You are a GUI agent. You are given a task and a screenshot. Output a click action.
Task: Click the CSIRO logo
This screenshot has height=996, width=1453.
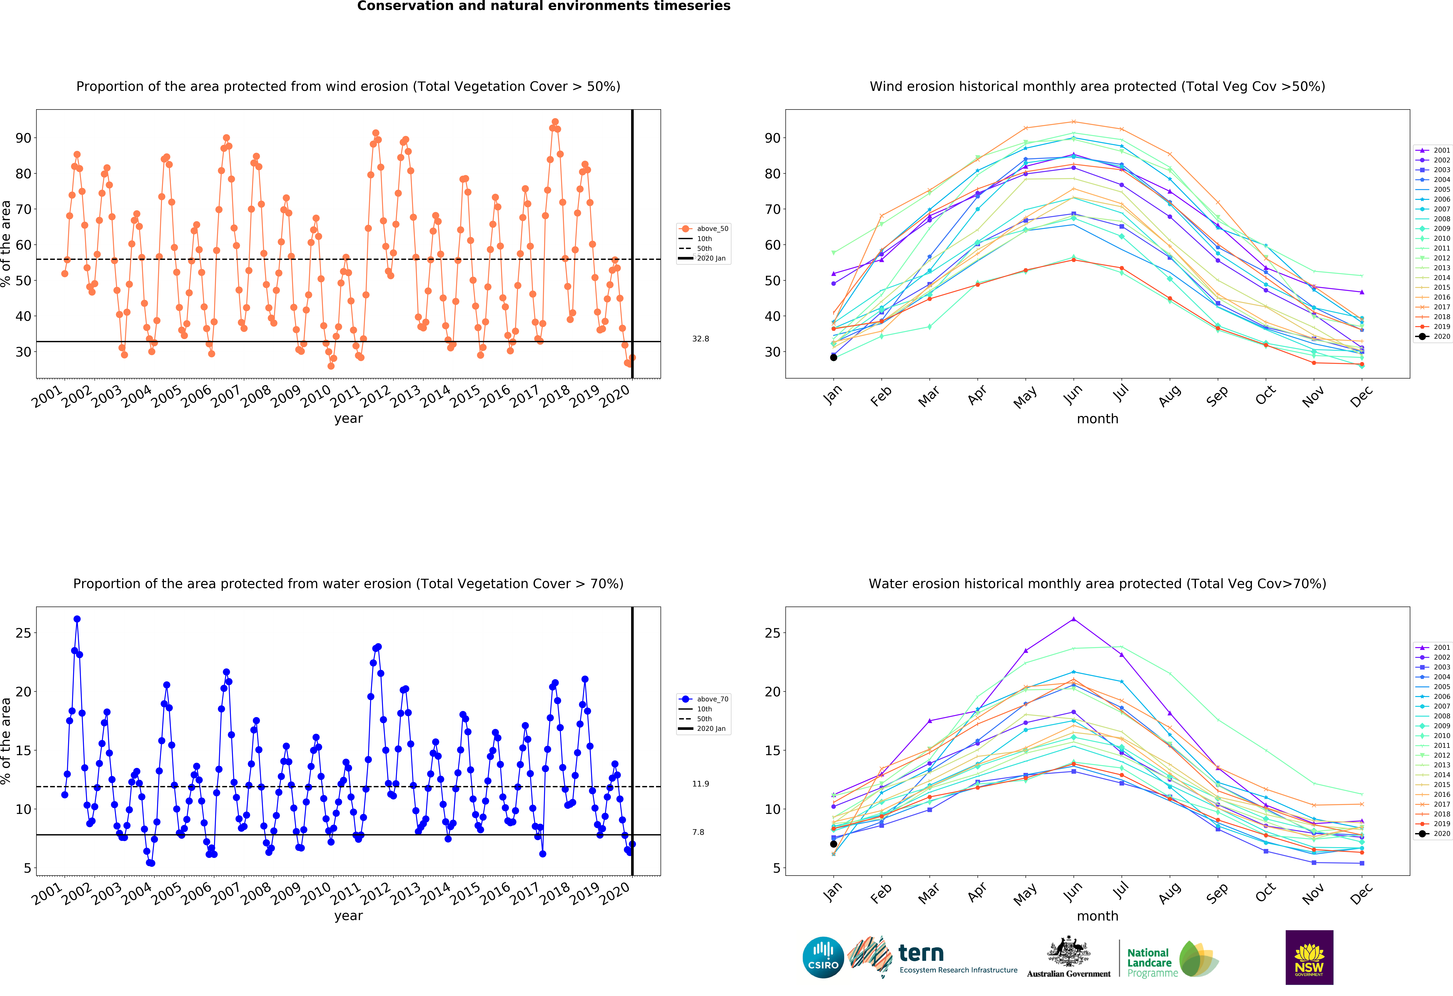coord(823,957)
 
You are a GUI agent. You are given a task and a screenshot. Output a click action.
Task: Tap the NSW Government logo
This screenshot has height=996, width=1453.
coord(1309,957)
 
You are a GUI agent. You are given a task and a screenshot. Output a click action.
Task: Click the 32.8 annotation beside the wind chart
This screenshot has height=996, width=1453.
coord(700,339)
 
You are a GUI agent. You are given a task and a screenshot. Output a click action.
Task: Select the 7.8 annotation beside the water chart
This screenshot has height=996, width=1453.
coord(698,832)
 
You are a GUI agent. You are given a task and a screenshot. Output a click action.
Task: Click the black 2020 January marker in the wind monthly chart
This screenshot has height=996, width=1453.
coord(833,358)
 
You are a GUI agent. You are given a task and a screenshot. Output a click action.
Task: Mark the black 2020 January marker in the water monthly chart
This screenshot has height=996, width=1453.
coord(833,844)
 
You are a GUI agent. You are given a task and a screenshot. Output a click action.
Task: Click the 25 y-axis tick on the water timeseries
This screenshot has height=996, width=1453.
coord(23,633)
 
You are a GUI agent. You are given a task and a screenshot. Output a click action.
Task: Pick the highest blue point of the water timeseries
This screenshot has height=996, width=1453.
coord(77,619)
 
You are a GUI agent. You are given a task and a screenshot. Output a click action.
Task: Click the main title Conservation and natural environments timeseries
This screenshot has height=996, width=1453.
coord(543,6)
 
